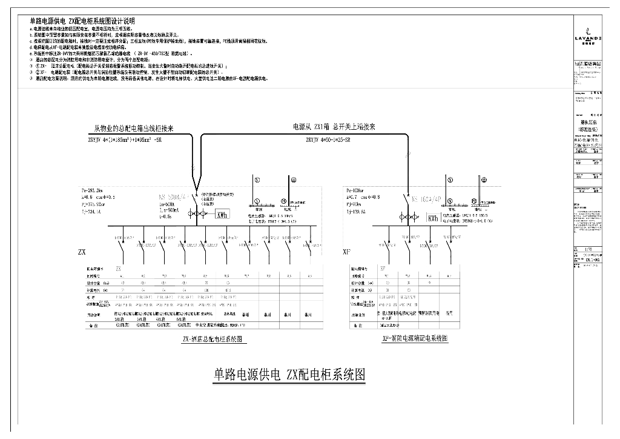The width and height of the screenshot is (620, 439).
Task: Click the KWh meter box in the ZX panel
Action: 222,215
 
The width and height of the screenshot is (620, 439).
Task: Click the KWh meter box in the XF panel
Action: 433,219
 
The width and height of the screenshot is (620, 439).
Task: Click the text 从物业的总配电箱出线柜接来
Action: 134,129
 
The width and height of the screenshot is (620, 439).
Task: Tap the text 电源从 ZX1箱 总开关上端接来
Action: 334,127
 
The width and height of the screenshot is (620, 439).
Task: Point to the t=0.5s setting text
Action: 166,216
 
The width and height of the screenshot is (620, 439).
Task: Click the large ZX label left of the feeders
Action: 82,251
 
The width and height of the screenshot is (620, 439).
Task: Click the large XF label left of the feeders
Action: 347,250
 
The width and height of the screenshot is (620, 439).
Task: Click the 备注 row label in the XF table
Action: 356,326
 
